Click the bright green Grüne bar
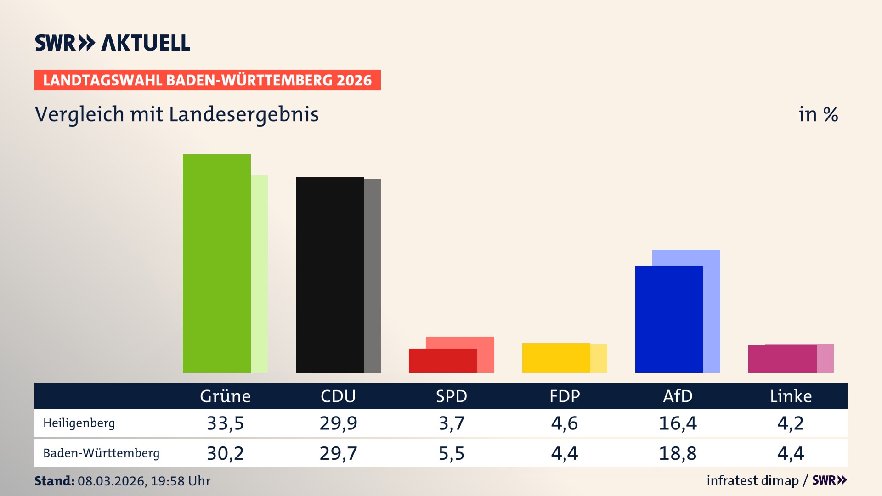point(217,264)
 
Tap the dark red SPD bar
point(443,361)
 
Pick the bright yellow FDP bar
point(556,358)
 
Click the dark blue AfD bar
point(669,319)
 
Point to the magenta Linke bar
point(782,359)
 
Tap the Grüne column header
point(225,396)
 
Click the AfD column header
point(678,396)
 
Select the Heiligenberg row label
point(79,423)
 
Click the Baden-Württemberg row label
point(101,453)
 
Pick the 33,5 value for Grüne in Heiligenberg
point(225,423)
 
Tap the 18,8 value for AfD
point(678,453)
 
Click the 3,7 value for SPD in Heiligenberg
point(452,423)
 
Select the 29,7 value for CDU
point(338,453)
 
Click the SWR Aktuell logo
point(112,43)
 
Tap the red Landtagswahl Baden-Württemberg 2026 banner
point(207,80)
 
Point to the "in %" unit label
point(818,114)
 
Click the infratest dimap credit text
point(752,480)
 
